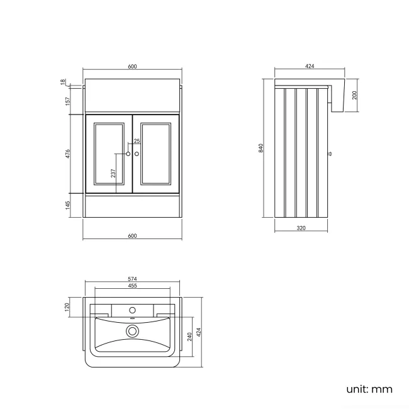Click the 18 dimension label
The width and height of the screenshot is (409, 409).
click(x=64, y=82)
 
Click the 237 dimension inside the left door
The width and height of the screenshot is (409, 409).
click(x=113, y=174)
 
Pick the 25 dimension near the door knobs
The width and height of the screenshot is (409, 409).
click(x=137, y=141)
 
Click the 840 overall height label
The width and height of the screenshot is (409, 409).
click(x=260, y=148)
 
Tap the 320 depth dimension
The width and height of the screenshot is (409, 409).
click(x=301, y=228)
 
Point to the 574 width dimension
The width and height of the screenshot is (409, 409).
click(x=132, y=279)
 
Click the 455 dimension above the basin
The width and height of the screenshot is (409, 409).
click(x=132, y=286)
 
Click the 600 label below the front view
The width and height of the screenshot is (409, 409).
click(x=132, y=236)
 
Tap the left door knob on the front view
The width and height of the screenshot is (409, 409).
click(x=128, y=153)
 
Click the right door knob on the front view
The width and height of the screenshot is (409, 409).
click(x=137, y=153)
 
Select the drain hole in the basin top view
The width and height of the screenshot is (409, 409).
click(x=132, y=330)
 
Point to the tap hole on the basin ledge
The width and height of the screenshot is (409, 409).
click(x=132, y=310)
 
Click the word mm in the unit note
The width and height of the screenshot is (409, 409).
click(x=381, y=389)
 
